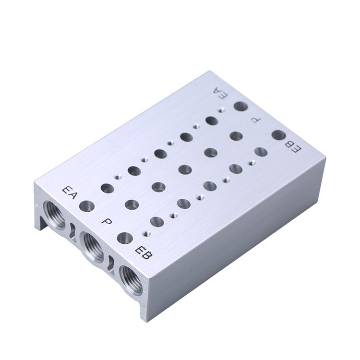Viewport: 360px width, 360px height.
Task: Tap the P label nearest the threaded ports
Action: tap(107, 221)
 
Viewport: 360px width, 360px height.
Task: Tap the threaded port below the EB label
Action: tap(131, 279)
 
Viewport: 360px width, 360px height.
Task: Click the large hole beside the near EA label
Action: tap(87, 206)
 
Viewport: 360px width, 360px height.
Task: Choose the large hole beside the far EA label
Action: tap(240, 107)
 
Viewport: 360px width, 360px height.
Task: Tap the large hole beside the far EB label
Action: tap(278, 135)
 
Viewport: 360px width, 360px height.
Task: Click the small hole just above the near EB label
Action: tap(145, 233)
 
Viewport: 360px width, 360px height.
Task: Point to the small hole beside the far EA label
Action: tap(220, 110)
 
